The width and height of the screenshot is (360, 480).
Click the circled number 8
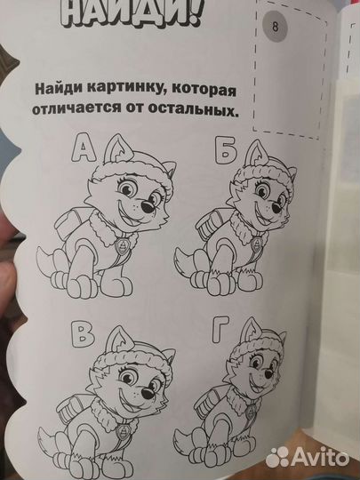(x=276, y=26)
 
